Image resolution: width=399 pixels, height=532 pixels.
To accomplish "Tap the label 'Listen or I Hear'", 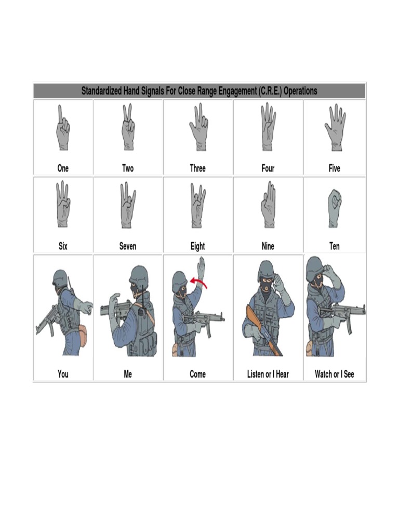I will pos(268,374).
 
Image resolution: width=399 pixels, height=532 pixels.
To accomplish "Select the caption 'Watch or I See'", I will pos(334,374).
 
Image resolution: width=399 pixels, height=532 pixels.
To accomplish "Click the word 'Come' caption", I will pos(197,374).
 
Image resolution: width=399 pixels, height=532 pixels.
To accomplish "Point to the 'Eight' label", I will pos(197,246).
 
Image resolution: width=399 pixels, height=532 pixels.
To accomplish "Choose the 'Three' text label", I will pos(197,168).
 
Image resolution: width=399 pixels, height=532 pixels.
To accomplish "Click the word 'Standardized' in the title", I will pos(106,91).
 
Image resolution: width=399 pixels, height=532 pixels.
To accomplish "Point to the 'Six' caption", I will pos(63,246).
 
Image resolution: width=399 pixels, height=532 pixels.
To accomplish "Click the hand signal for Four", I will pos(268,127).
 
